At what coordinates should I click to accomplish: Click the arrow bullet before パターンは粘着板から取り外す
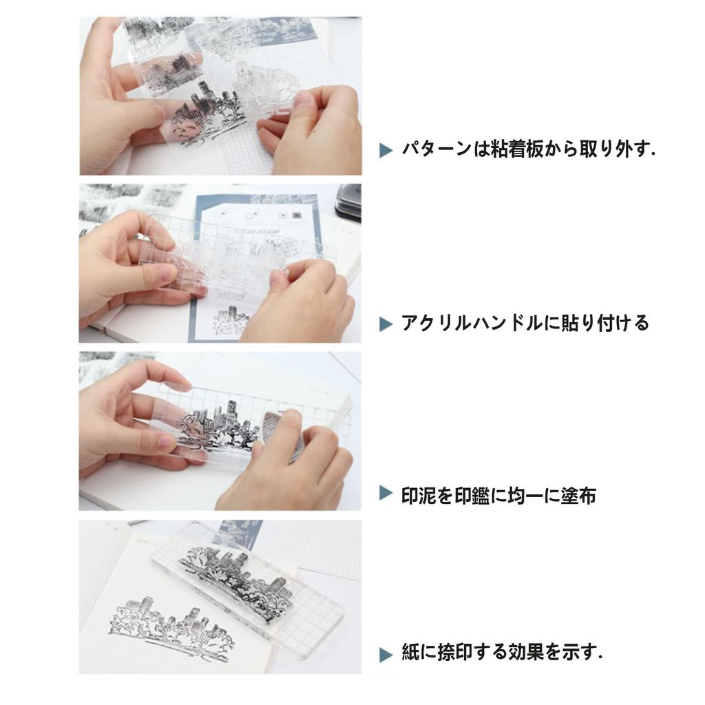(386, 150)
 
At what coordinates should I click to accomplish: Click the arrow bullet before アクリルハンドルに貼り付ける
(386, 324)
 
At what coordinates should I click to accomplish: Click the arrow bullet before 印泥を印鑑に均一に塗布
(386, 493)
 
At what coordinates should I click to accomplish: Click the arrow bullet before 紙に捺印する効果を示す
(386, 655)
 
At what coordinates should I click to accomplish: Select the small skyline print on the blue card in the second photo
(231, 320)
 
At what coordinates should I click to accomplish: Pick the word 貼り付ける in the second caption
(606, 324)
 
